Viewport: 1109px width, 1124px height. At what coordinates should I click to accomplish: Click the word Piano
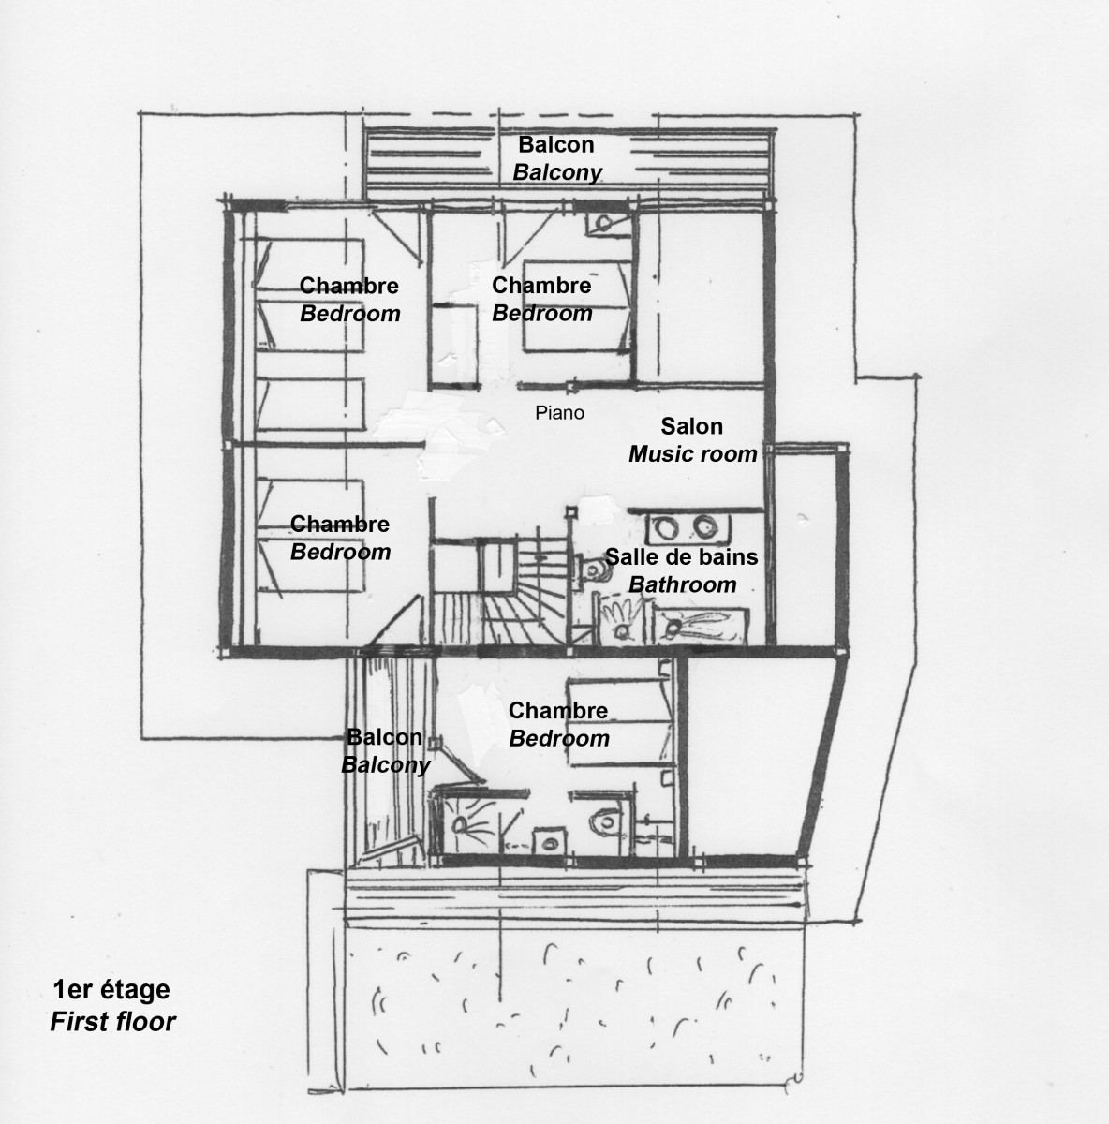[559, 412]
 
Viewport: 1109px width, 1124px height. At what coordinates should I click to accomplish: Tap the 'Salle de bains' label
[681, 557]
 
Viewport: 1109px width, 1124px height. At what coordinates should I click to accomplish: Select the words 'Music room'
[692, 454]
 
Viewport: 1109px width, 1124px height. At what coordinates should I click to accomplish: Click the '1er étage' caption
[111, 989]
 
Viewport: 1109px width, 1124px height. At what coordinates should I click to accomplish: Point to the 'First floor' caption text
[112, 1020]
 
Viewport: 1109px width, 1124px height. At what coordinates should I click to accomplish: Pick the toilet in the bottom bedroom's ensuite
[602, 821]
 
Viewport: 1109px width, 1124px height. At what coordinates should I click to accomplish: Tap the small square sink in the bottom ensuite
[546, 841]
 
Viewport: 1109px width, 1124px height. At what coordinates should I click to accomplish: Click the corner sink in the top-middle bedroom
[601, 223]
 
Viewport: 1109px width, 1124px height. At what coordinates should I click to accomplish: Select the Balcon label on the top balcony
[556, 144]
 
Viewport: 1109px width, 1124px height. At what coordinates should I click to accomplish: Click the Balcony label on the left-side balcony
[385, 764]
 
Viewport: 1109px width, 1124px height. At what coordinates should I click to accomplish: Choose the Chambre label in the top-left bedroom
[348, 286]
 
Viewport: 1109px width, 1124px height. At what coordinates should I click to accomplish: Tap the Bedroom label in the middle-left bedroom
[340, 552]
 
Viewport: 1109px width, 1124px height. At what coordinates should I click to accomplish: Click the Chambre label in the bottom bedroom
[558, 711]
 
